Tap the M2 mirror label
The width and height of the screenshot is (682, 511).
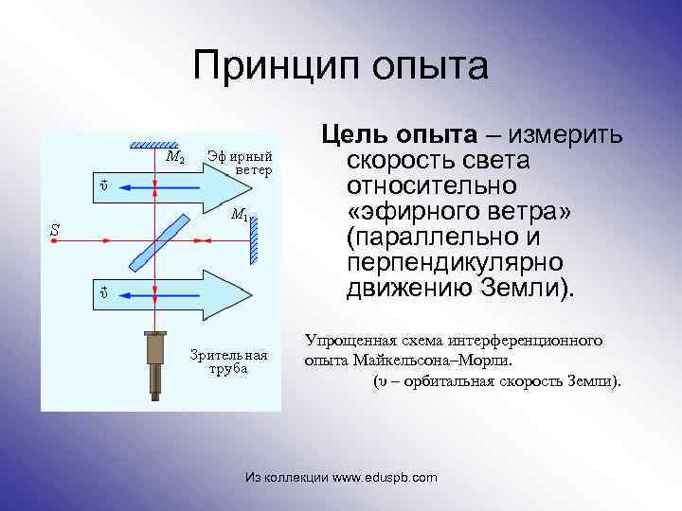(174, 157)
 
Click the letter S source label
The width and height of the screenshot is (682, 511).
(55, 228)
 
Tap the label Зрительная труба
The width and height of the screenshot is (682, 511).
(228, 361)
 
